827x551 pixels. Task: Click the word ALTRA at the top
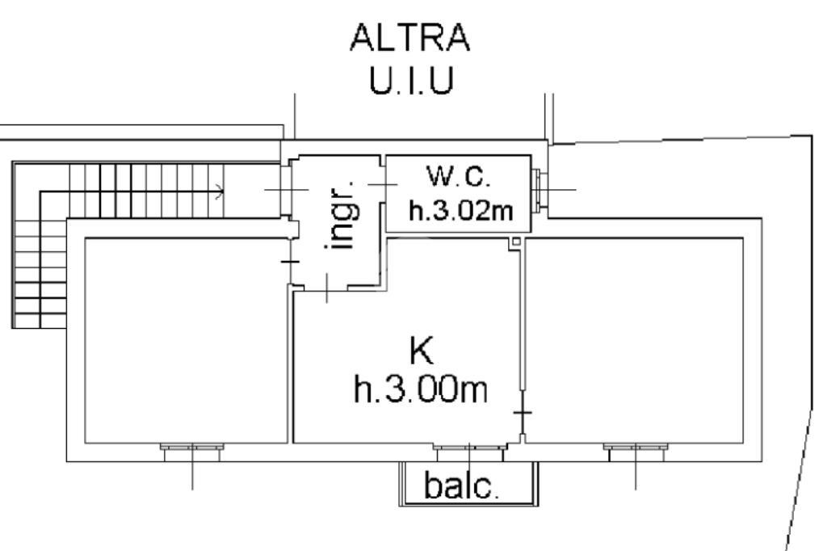click(x=409, y=37)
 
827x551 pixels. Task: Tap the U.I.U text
click(x=411, y=81)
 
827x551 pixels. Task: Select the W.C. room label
click(x=459, y=176)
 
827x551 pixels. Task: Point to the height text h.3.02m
click(x=460, y=211)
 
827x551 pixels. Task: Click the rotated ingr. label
click(x=342, y=217)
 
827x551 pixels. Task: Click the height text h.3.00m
click(x=420, y=390)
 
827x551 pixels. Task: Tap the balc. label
click(x=461, y=485)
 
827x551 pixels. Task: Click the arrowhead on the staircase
click(x=220, y=192)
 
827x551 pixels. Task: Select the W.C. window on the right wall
click(x=539, y=189)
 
